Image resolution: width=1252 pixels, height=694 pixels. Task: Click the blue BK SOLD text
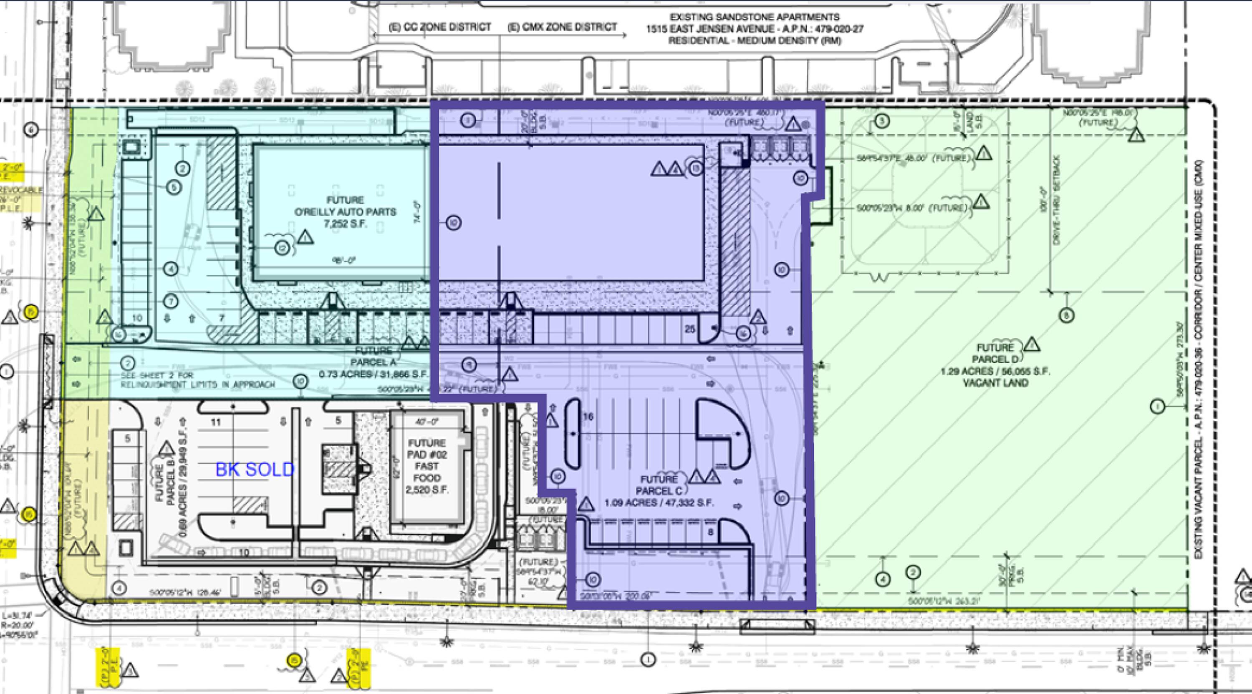[x=255, y=470]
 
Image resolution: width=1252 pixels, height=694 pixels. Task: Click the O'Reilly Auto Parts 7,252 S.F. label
[x=345, y=212]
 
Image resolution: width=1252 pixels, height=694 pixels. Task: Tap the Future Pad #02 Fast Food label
[x=427, y=466]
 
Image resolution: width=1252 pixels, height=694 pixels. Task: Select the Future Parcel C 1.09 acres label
[x=659, y=490]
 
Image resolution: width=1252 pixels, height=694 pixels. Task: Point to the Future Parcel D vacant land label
[x=995, y=365]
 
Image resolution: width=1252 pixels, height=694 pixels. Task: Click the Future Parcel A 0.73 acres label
[x=373, y=362]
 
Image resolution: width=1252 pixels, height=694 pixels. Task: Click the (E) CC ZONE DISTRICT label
[x=440, y=27]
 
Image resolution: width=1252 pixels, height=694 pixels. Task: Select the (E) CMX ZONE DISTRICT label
[x=562, y=27]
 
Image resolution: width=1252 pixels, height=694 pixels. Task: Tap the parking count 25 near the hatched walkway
[x=690, y=329]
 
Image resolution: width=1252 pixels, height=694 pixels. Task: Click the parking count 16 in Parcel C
[x=588, y=417]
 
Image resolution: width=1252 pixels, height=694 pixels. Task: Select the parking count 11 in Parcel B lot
[x=216, y=422]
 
